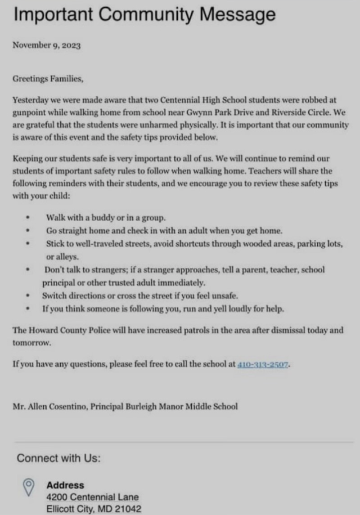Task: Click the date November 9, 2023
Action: (x=46, y=46)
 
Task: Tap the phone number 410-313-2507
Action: (x=263, y=364)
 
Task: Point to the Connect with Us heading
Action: (x=58, y=458)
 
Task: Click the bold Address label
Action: (x=65, y=485)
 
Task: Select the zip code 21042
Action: (x=128, y=509)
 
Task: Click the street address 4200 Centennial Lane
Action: (x=92, y=497)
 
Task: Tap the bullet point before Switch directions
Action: (x=28, y=295)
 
